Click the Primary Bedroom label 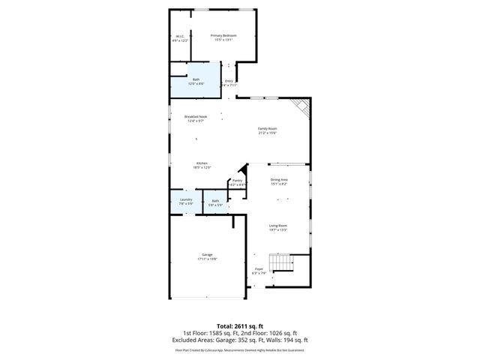click(223, 36)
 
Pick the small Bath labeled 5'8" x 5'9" click(215, 200)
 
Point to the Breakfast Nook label click(196, 116)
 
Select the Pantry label click(237, 180)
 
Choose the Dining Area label click(279, 180)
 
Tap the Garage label click(207, 255)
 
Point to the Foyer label click(259, 268)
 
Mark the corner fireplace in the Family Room click(301, 108)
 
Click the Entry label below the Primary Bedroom click(229, 81)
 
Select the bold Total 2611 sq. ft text click(239, 325)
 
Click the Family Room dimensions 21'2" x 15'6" click(268, 133)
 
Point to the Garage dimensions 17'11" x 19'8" click(207, 259)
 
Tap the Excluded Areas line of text click(239, 340)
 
